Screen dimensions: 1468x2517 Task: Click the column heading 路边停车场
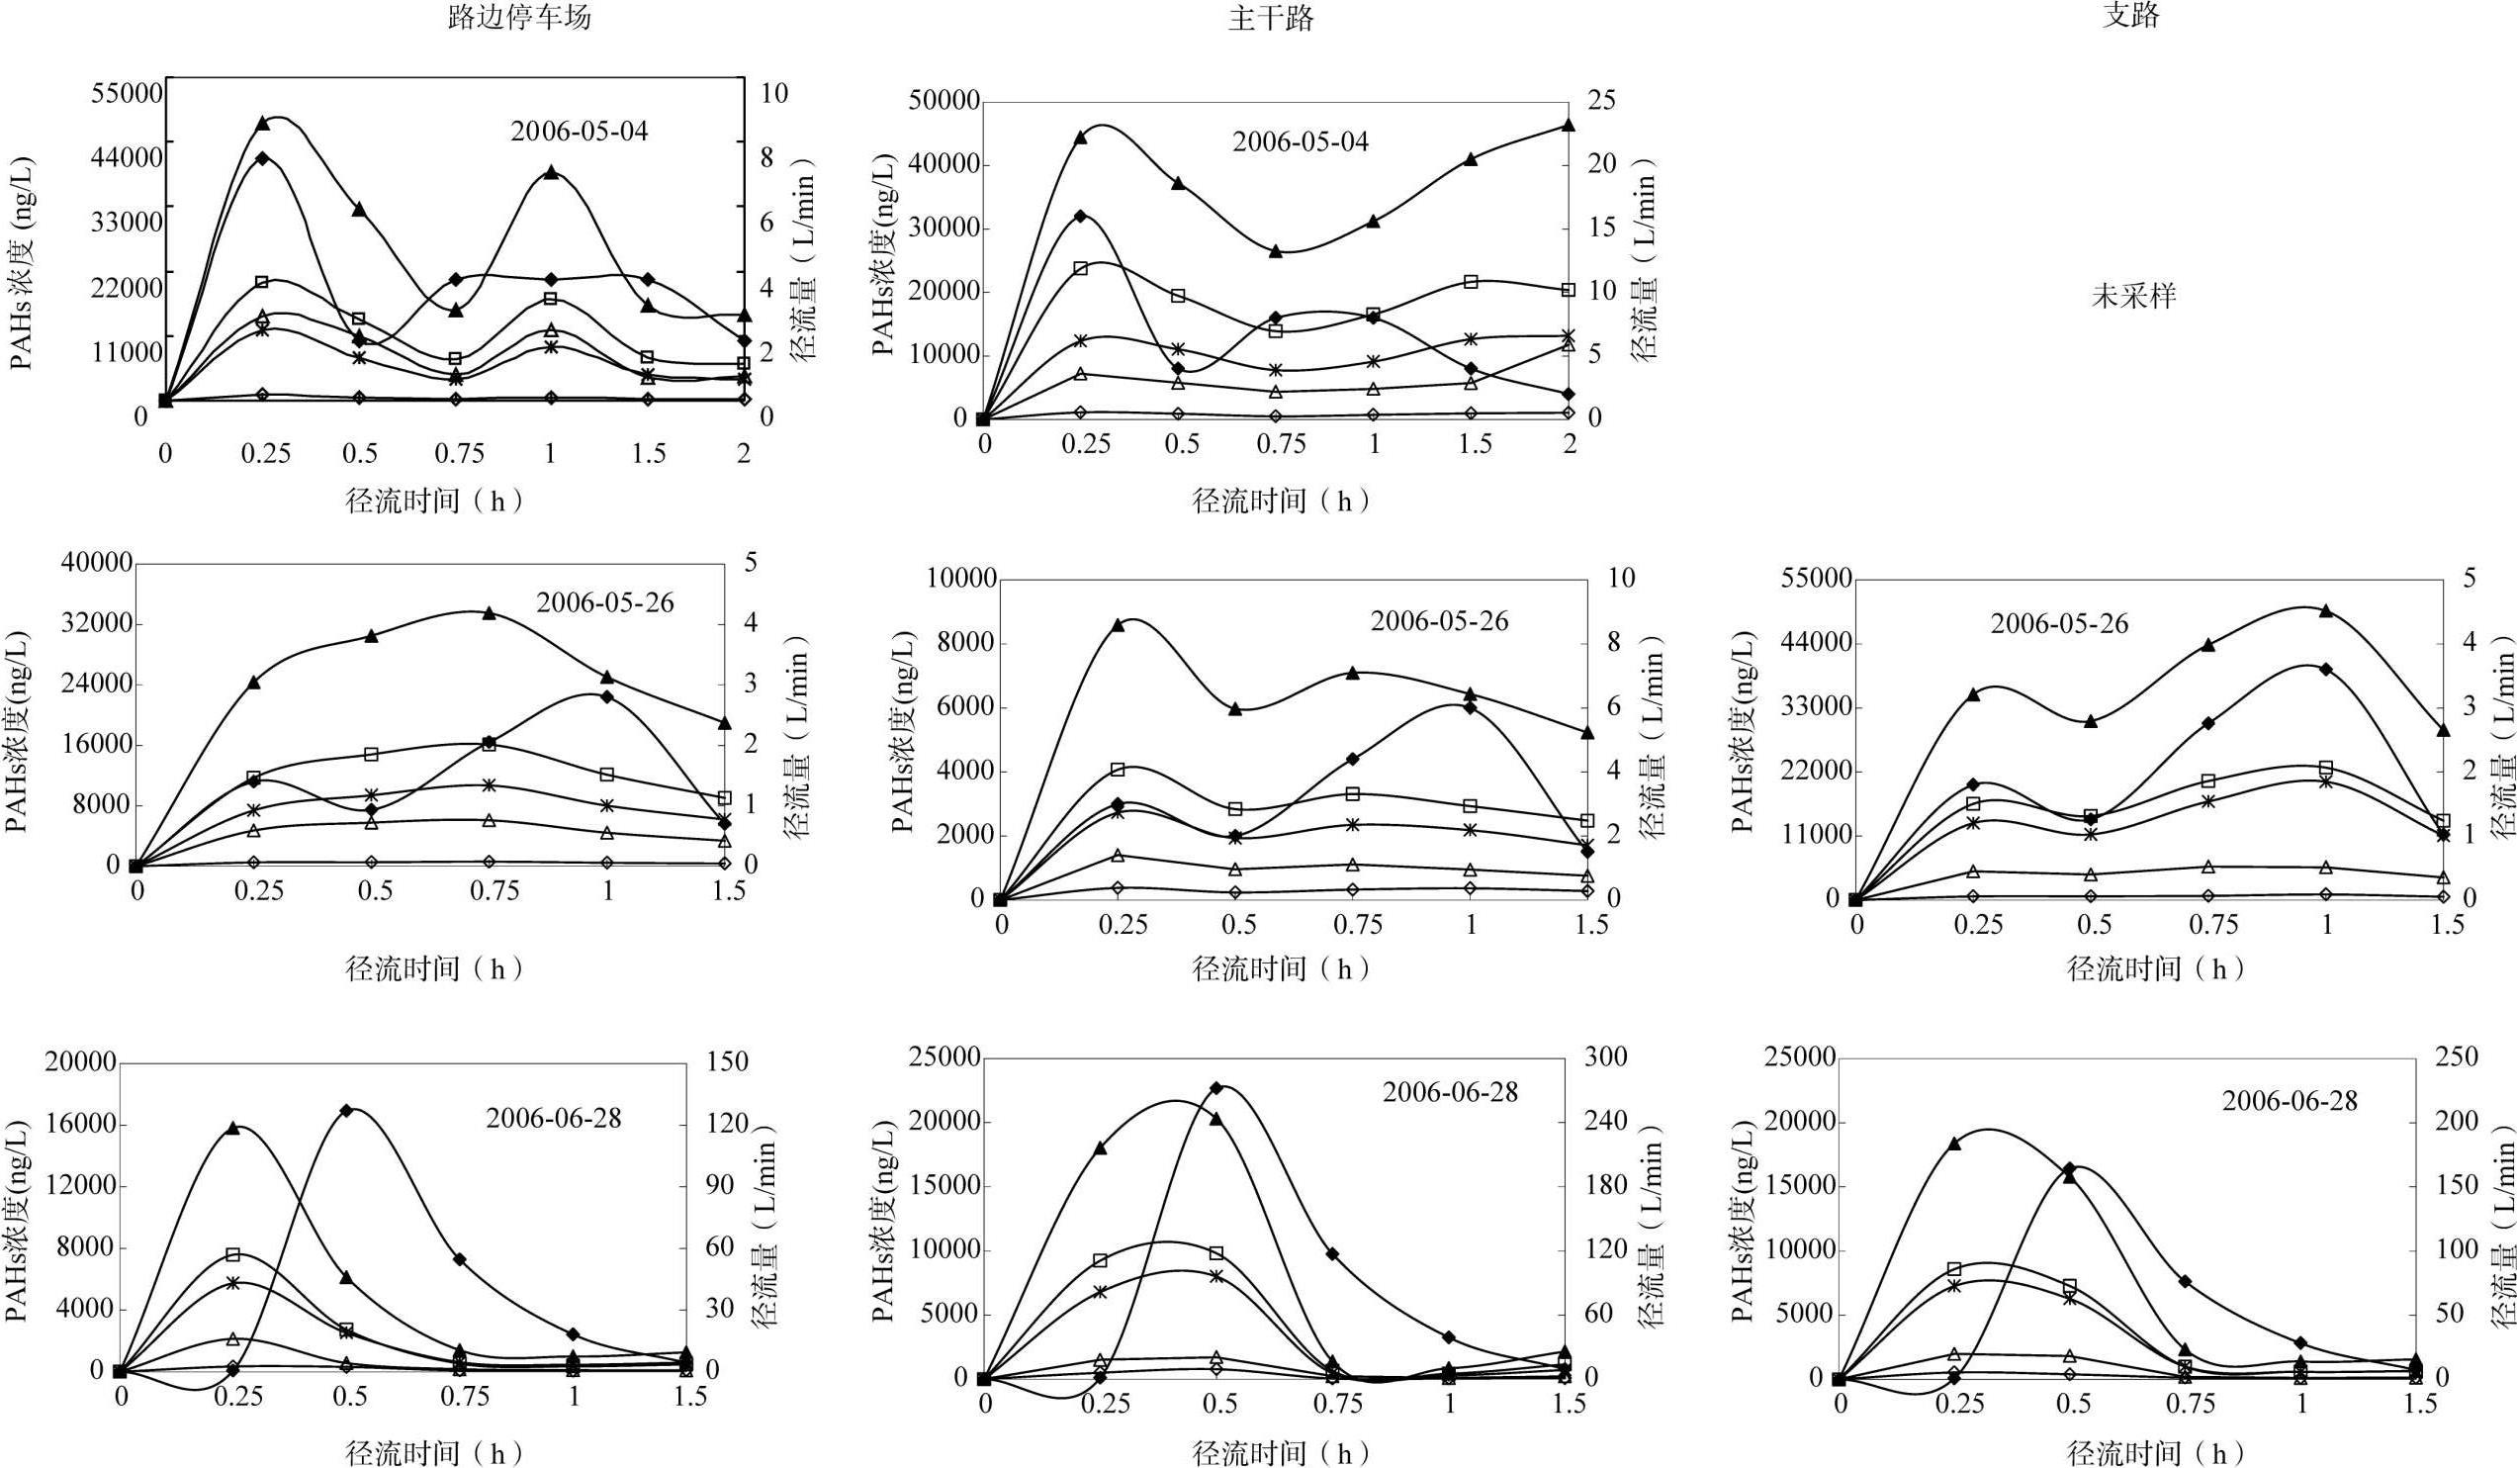519,18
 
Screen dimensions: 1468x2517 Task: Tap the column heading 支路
2130,15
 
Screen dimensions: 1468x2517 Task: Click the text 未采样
2133,296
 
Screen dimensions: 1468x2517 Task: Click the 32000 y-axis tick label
97,623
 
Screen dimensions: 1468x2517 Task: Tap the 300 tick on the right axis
1605,1057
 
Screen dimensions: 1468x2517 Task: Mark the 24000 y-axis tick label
97,685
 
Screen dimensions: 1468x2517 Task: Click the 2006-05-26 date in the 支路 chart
2058,623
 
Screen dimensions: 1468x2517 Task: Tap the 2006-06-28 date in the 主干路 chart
1449,1092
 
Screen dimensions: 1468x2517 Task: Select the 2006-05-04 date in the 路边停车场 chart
580,131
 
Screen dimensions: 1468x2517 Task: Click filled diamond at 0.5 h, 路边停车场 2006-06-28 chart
346,1110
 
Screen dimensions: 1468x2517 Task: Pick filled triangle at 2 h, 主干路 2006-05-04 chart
1569,125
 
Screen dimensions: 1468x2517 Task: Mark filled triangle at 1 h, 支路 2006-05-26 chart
2326,610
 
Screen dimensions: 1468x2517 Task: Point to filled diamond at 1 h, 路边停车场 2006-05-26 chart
607,696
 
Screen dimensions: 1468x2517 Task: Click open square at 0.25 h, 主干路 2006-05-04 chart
1081,268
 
